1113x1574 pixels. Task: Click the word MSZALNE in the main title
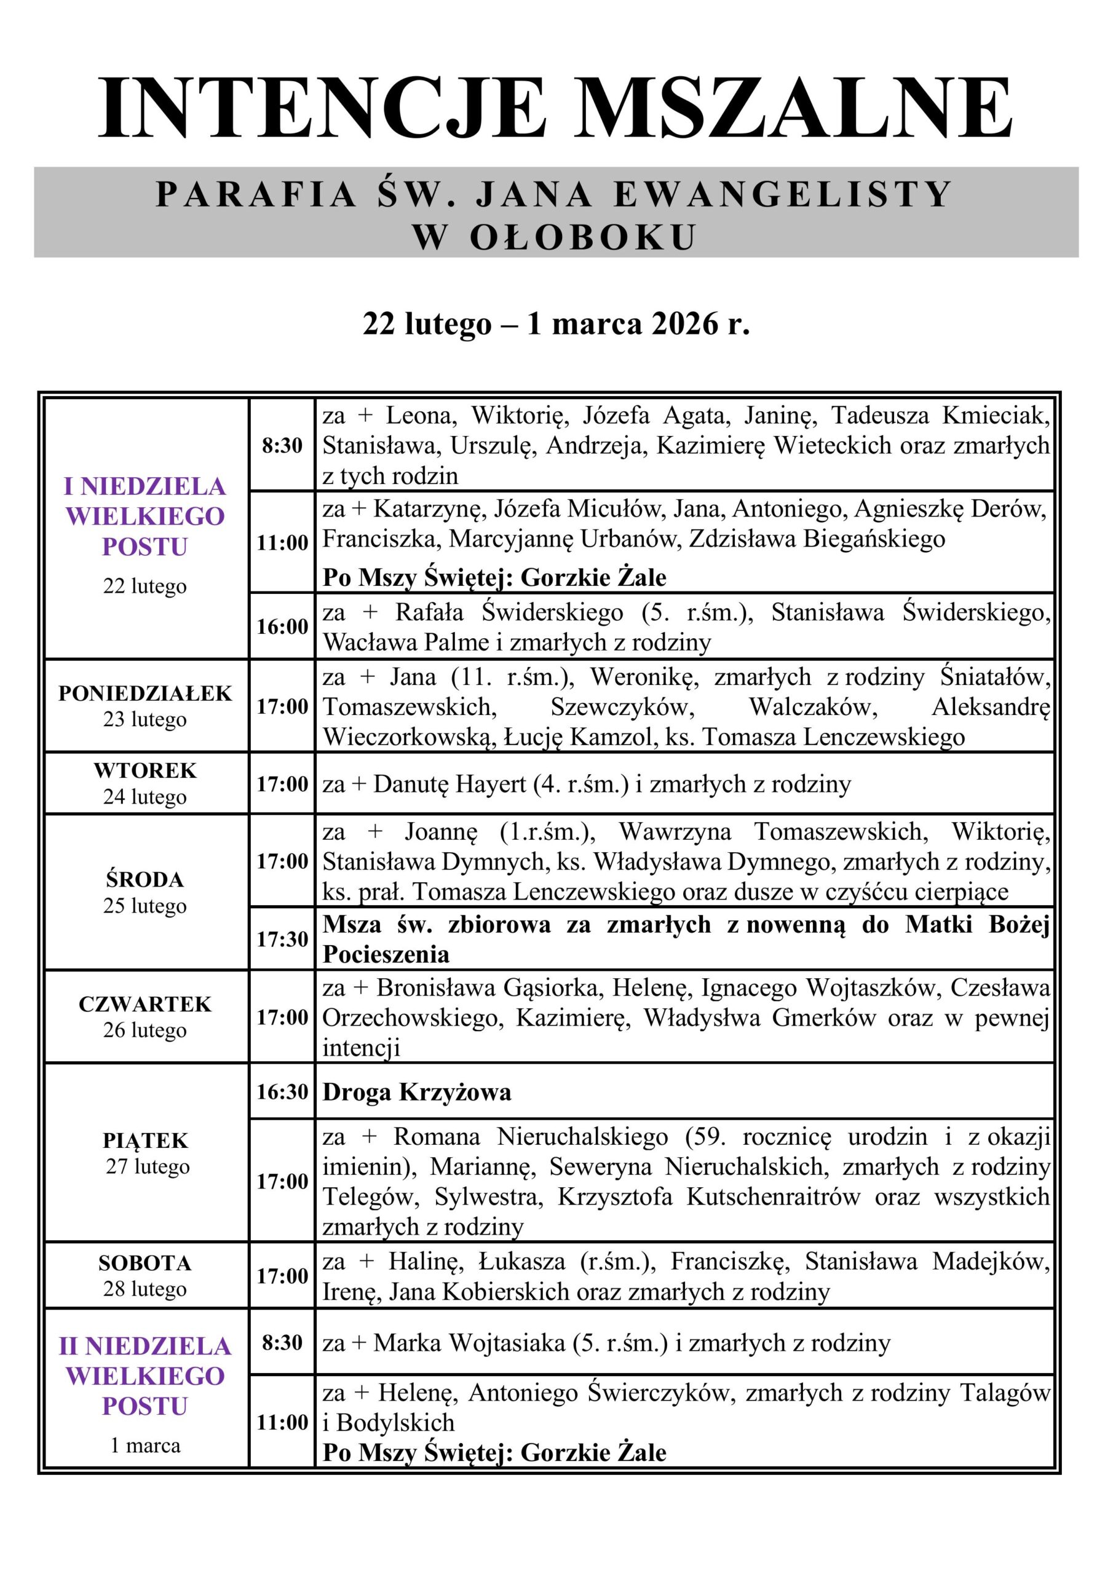795,109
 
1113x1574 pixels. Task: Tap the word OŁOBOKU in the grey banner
583,237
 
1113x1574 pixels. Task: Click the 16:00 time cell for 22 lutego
282,627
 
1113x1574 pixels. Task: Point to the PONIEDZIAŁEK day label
145,693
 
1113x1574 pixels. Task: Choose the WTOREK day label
145,770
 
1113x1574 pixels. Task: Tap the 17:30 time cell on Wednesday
282,939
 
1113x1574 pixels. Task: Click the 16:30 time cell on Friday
282,1091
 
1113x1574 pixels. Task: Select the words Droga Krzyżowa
417,1092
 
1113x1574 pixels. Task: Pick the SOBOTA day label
145,1263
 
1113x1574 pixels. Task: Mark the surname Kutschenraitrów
774,1196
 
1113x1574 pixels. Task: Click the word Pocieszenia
386,954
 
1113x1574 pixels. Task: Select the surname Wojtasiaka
507,1343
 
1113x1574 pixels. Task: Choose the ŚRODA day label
145,880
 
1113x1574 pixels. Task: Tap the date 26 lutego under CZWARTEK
145,1030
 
